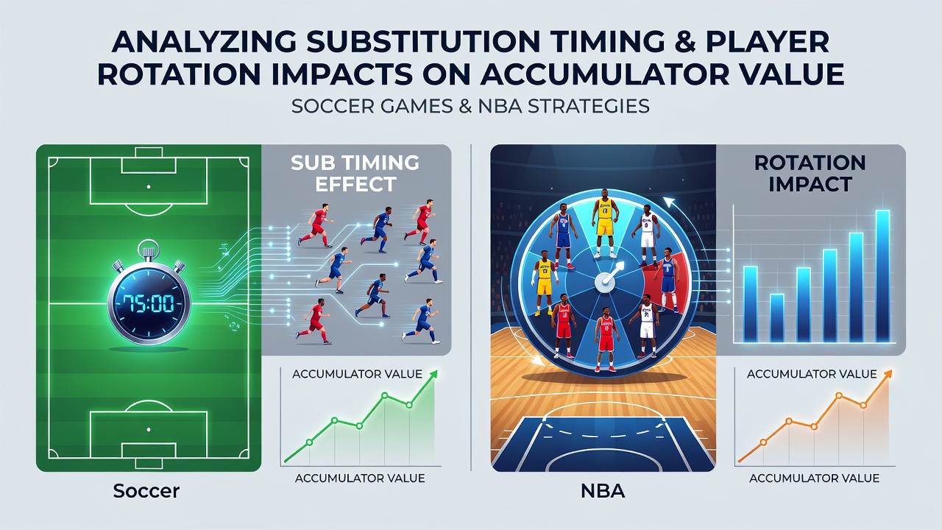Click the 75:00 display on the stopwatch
point(149,303)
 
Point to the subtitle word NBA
point(500,106)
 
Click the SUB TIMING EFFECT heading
point(355,173)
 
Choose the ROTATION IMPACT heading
point(810,173)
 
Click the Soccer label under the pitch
point(146,491)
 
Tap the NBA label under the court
point(603,491)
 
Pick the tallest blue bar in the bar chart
point(882,276)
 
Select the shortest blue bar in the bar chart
point(776,317)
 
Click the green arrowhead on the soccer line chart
point(433,375)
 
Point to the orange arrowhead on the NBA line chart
point(888,375)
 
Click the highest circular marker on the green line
point(384,395)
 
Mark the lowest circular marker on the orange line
point(764,442)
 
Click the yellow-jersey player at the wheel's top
point(605,223)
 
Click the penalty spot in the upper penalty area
point(149,187)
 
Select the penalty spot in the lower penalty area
point(149,429)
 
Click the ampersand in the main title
point(686,42)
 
